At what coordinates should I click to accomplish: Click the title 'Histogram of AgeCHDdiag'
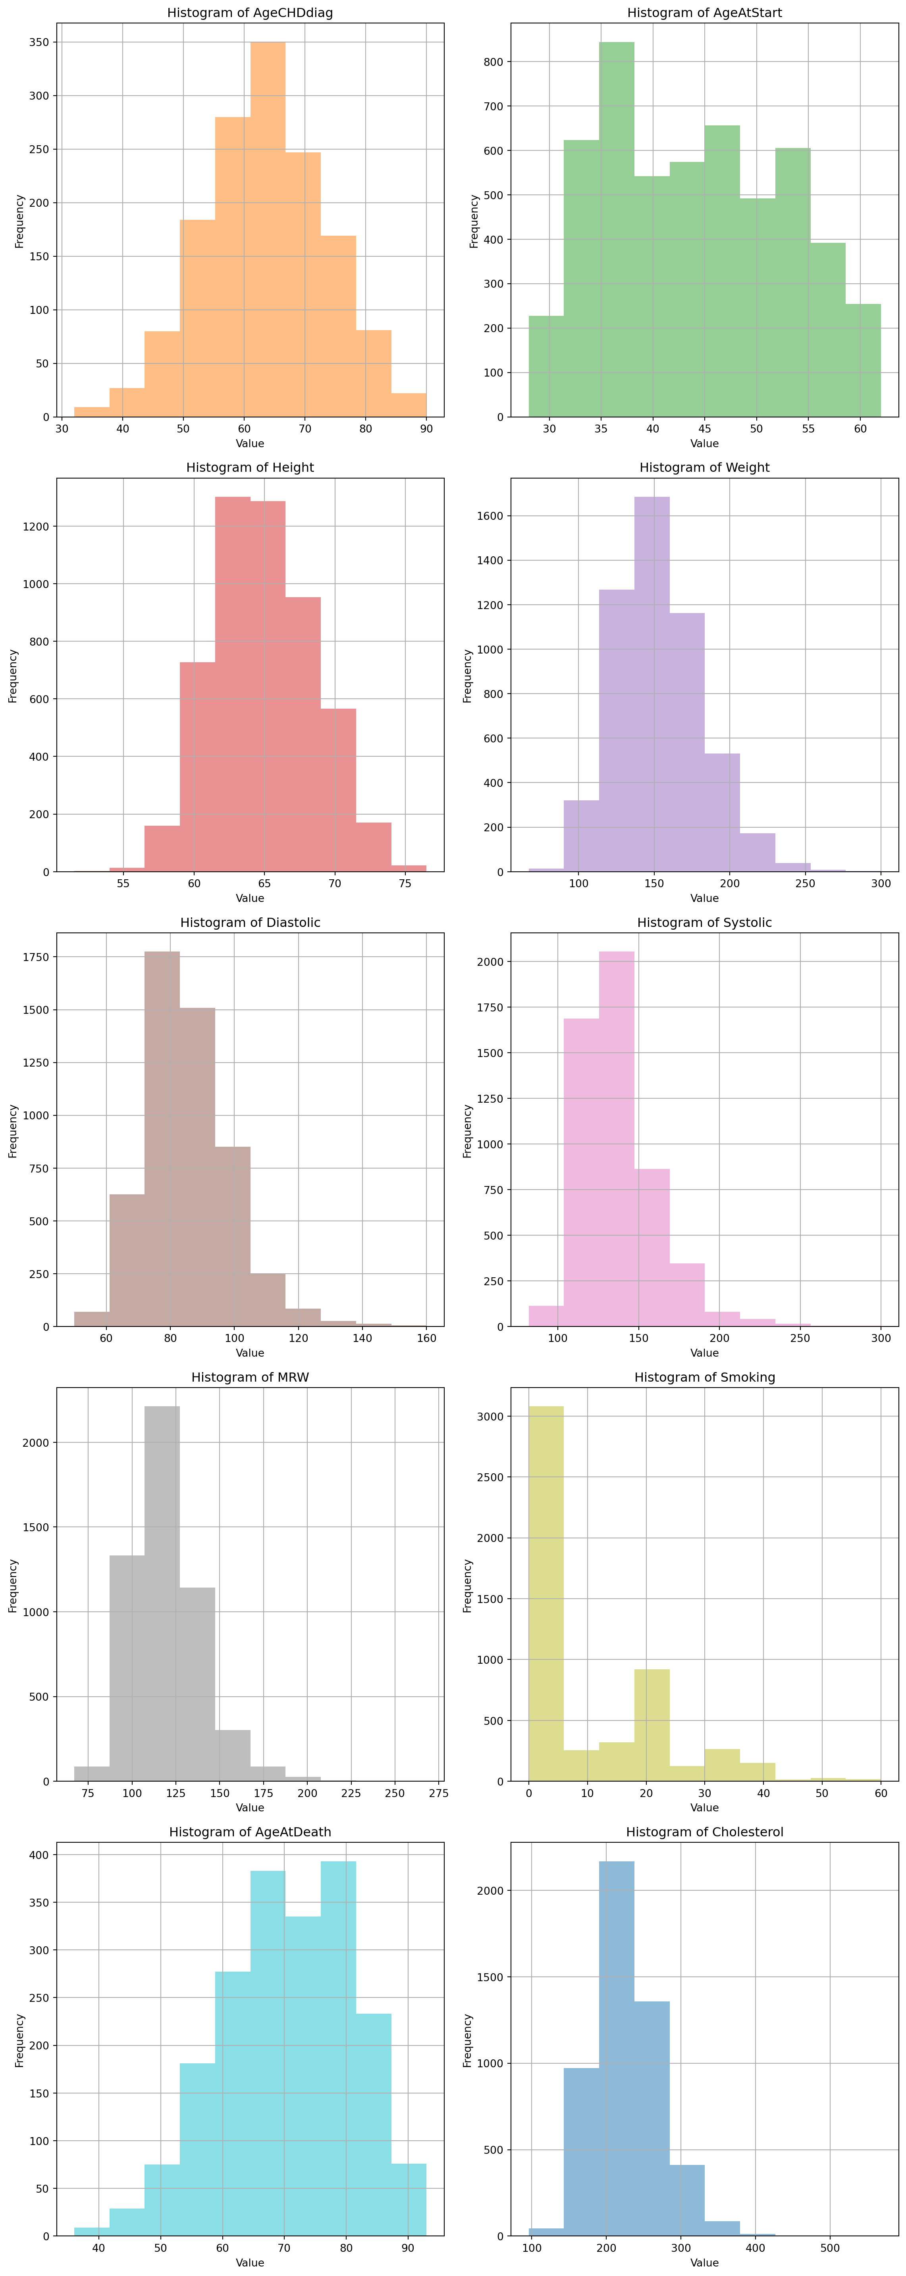(250, 13)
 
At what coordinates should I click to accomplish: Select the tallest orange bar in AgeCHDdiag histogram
(268, 230)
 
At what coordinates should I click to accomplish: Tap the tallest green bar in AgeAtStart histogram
(616, 230)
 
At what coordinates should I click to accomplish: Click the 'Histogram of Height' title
(250, 467)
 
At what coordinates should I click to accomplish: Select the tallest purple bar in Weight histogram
(652, 685)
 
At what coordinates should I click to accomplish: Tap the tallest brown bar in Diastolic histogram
(162, 1140)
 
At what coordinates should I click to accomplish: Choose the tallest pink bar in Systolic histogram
(616, 1140)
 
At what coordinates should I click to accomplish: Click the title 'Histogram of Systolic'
(704, 923)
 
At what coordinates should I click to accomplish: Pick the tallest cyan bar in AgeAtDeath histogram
(337, 2050)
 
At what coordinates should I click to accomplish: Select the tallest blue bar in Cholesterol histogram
(616, 2050)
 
